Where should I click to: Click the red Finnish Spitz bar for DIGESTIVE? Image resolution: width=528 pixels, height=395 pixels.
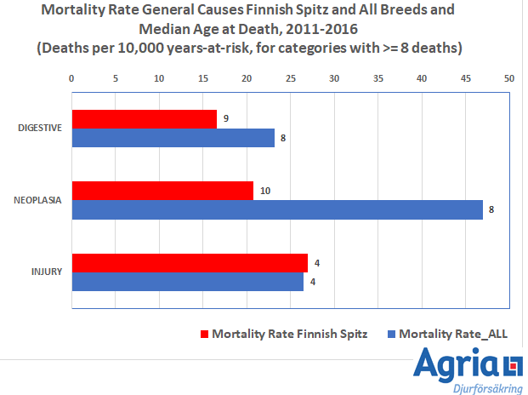coord(145,119)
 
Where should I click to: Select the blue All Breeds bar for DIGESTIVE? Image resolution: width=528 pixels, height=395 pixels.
coord(173,138)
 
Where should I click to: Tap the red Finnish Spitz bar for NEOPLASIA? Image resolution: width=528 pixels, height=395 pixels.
coord(162,191)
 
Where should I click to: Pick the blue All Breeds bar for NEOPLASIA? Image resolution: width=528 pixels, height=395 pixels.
coord(276,209)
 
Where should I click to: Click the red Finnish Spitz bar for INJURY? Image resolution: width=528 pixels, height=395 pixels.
coord(189,263)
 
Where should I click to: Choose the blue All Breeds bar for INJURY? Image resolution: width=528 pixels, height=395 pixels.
coord(187,282)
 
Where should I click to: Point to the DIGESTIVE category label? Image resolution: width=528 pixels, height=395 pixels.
coord(40,129)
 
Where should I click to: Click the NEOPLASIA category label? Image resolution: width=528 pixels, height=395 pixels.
coord(38,201)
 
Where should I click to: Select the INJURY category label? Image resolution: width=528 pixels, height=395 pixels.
coord(46,273)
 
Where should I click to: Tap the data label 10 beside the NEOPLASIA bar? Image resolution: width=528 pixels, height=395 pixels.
coord(265,191)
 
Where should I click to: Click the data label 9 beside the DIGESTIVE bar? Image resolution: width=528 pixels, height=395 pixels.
coord(225,119)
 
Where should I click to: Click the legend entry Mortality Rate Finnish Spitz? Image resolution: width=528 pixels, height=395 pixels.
coord(289,334)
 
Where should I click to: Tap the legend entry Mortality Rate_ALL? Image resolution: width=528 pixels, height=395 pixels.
coord(452,334)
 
